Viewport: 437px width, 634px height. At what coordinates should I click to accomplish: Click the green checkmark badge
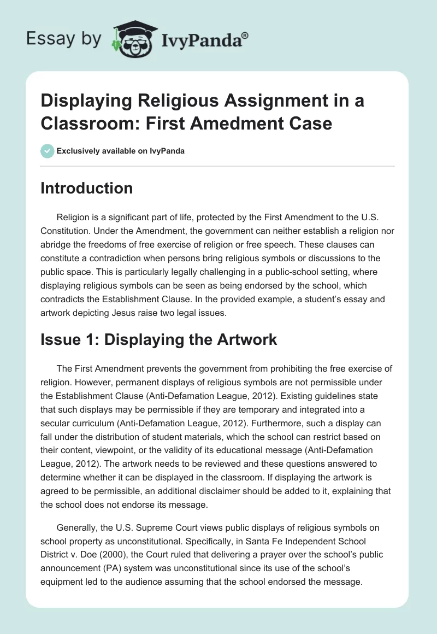click(x=48, y=151)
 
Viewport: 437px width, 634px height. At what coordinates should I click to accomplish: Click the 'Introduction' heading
click(x=87, y=188)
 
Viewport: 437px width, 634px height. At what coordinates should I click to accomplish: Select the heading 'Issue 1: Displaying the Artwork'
click(x=158, y=339)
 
